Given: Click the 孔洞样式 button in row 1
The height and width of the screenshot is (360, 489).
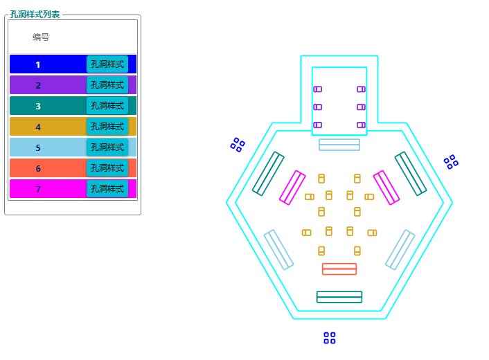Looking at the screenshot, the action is tap(107, 64).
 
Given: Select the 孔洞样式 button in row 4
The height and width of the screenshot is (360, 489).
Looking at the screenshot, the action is tap(107, 127).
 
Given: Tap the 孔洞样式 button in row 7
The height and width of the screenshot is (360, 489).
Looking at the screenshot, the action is tap(107, 189).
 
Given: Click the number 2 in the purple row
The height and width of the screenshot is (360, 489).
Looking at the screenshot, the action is tap(38, 85).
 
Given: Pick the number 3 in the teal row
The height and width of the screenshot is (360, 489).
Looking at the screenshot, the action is tap(38, 106).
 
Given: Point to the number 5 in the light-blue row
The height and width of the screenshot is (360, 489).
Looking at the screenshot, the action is tap(38, 147).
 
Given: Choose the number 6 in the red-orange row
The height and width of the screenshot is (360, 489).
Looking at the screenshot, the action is tap(38, 168).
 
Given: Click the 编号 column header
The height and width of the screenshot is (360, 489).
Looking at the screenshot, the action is tap(41, 37).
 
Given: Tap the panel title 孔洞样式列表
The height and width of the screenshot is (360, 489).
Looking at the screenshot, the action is tap(35, 14).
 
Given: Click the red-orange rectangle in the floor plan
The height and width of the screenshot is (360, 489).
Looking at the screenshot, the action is tap(339, 269).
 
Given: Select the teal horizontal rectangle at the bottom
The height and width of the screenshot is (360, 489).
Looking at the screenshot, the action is tap(339, 297).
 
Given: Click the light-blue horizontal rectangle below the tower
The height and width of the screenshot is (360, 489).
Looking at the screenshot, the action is tap(339, 145).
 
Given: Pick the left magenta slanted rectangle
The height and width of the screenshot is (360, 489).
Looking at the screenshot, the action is tap(292, 188).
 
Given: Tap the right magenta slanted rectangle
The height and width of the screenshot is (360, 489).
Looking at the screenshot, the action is tap(386, 188).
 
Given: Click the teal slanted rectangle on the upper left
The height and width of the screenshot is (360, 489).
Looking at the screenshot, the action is tap(268, 173).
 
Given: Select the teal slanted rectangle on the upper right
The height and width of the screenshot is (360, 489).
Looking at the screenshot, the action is tap(410, 173).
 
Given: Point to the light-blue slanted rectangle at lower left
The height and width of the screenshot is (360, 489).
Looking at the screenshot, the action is tap(278, 249).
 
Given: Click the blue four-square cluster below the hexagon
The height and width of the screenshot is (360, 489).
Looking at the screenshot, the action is tap(330, 338).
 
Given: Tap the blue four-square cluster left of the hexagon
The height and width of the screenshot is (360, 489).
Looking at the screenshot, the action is tap(238, 145).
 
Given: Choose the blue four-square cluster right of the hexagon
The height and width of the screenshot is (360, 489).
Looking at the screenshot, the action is tap(451, 162).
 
